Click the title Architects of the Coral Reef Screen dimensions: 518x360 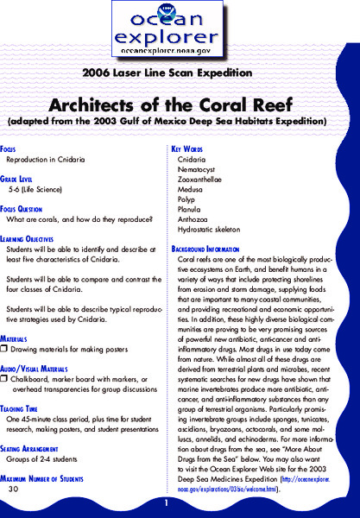click(x=180, y=103)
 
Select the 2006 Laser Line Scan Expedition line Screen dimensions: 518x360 click(x=180, y=72)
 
